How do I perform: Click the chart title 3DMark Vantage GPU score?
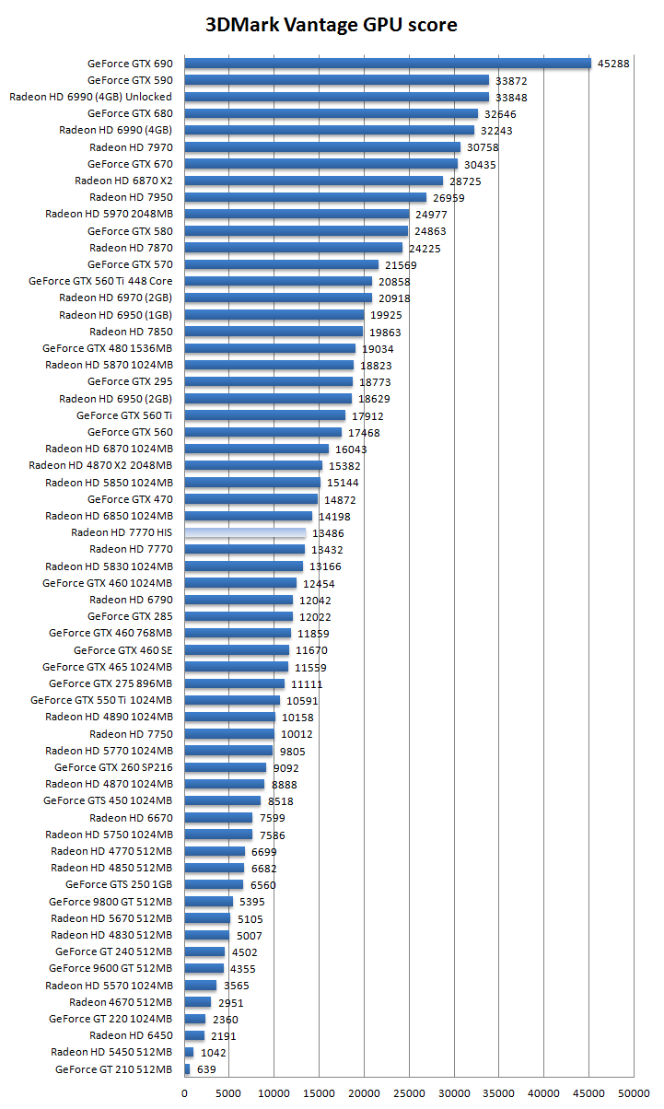point(332,25)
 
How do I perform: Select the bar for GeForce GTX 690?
point(387,64)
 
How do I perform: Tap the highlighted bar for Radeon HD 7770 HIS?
point(245,532)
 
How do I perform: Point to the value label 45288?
point(613,64)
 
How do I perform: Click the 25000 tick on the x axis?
point(409,1092)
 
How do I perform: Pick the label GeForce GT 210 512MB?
point(113,1069)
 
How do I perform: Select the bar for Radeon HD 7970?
point(322,147)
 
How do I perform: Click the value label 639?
point(206,1069)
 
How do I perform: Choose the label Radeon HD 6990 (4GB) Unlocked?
point(90,97)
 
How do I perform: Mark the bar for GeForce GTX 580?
point(296,231)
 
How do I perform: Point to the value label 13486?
point(329,533)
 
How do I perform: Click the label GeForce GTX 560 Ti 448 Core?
point(100,281)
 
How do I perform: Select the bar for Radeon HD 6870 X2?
point(313,181)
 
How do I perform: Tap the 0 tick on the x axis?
point(185,1092)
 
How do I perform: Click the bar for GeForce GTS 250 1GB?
point(214,885)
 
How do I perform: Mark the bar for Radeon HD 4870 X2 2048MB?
point(253,465)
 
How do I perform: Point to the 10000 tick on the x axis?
point(274,1092)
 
